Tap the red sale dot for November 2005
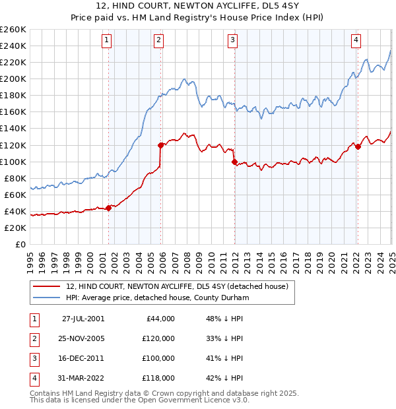tap(160, 144)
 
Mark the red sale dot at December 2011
tap(234, 161)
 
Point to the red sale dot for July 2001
tap(109, 207)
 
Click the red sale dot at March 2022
tap(358, 146)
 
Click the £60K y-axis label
tap(15, 195)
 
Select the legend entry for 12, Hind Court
tap(177, 287)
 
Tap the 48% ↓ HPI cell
tap(220, 319)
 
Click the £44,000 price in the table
tap(159, 319)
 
